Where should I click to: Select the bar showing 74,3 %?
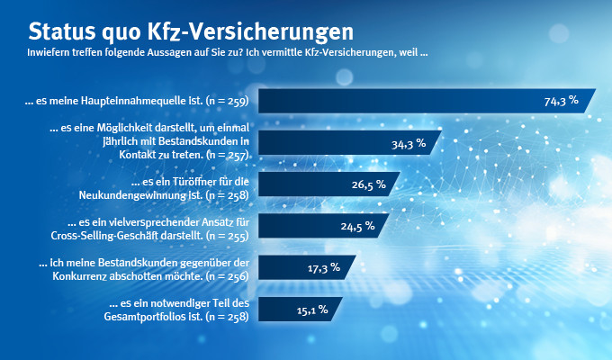pyautogui.click(x=423, y=101)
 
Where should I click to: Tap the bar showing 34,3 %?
pyautogui.click(x=346, y=142)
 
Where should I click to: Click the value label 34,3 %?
pyautogui.click(x=408, y=142)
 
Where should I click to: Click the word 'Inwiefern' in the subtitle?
pyautogui.click(x=48, y=53)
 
